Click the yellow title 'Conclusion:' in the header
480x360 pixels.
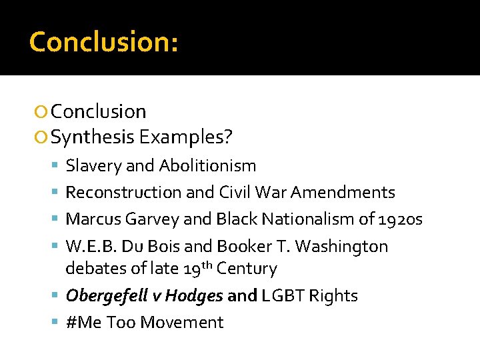(x=103, y=41)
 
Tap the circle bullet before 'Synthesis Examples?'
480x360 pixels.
(x=42, y=137)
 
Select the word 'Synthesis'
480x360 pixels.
(x=93, y=137)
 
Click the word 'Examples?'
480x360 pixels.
(x=186, y=137)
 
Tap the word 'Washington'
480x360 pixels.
(x=341, y=247)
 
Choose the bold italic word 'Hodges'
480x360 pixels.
(x=194, y=296)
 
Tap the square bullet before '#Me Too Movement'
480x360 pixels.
(x=56, y=323)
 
